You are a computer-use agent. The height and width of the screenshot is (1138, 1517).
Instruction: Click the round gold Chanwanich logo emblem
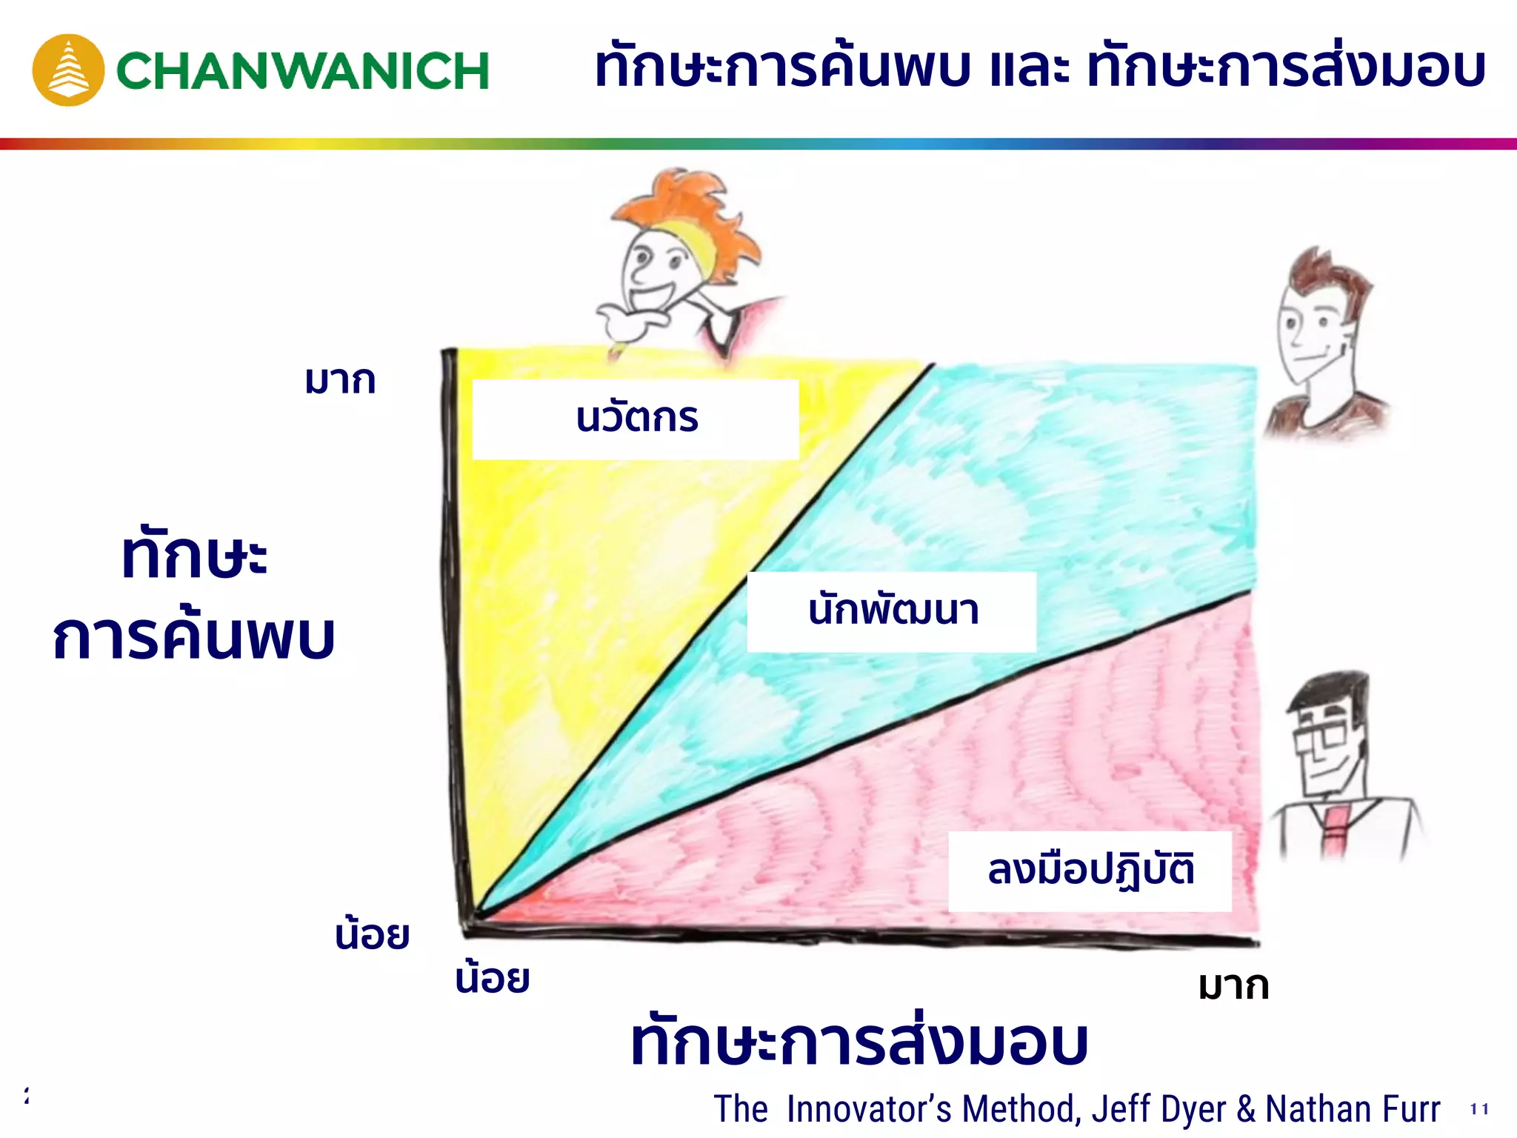[x=68, y=70]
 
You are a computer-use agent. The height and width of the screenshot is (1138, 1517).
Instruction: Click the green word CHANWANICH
[x=302, y=71]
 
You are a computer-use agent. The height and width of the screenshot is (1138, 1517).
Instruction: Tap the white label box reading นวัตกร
[x=636, y=419]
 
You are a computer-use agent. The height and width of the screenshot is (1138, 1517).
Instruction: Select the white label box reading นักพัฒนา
[x=891, y=612]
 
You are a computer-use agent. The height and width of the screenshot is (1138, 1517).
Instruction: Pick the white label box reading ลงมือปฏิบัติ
[x=1090, y=871]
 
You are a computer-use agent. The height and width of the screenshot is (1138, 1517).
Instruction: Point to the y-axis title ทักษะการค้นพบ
[x=194, y=596]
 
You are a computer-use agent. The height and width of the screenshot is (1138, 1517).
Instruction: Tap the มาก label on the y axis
[x=340, y=382]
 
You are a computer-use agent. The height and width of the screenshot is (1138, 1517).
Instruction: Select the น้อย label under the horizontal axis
[x=493, y=978]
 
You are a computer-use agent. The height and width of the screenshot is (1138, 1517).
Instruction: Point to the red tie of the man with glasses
[x=1334, y=830]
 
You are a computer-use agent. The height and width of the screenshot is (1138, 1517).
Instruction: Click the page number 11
[x=1479, y=1109]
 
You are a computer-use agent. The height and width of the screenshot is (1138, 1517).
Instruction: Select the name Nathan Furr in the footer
[x=1353, y=1109]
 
